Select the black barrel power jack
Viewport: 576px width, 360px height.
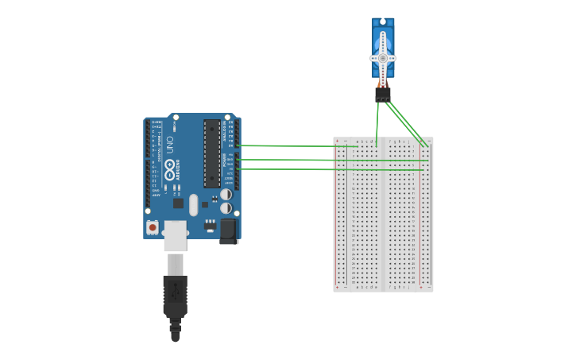coord(229,230)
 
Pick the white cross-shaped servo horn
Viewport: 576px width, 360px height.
coord(382,58)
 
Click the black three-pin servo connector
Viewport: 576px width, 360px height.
coord(383,95)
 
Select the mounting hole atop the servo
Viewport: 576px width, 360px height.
coord(383,21)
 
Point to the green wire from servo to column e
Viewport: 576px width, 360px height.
coord(377,119)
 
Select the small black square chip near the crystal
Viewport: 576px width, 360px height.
coord(205,204)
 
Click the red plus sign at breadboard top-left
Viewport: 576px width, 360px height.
coord(337,141)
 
